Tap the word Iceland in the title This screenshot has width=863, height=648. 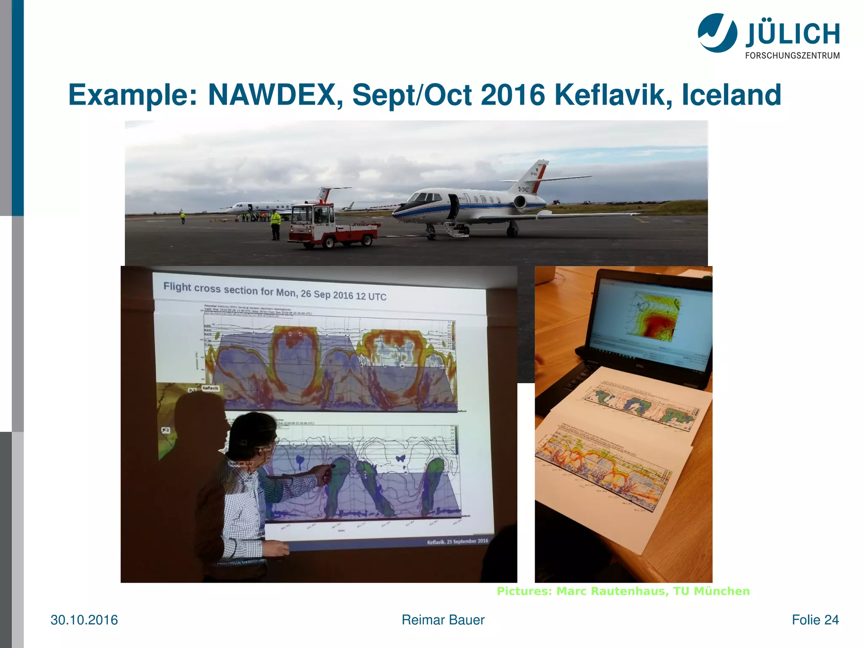pyautogui.click(x=731, y=94)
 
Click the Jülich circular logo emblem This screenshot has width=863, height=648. pyautogui.click(x=717, y=33)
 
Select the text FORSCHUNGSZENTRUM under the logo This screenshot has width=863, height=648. pyautogui.click(x=792, y=56)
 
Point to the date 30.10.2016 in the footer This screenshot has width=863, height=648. pyautogui.click(x=84, y=620)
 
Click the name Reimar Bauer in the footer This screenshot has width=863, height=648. pyautogui.click(x=443, y=620)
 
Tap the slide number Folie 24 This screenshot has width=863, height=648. pyautogui.click(x=815, y=620)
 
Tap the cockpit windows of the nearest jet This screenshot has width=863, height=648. pyautogui.click(x=423, y=197)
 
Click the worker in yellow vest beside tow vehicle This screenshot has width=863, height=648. pyautogui.click(x=275, y=224)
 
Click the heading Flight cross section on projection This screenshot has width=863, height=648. pyautogui.click(x=274, y=292)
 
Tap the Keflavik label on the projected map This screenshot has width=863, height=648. pyautogui.click(x=210, y=388)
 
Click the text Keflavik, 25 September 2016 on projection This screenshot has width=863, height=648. pyautogui.click(x=457, y=541)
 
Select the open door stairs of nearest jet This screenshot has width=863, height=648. pyautogui.click(x=456, y=228)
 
